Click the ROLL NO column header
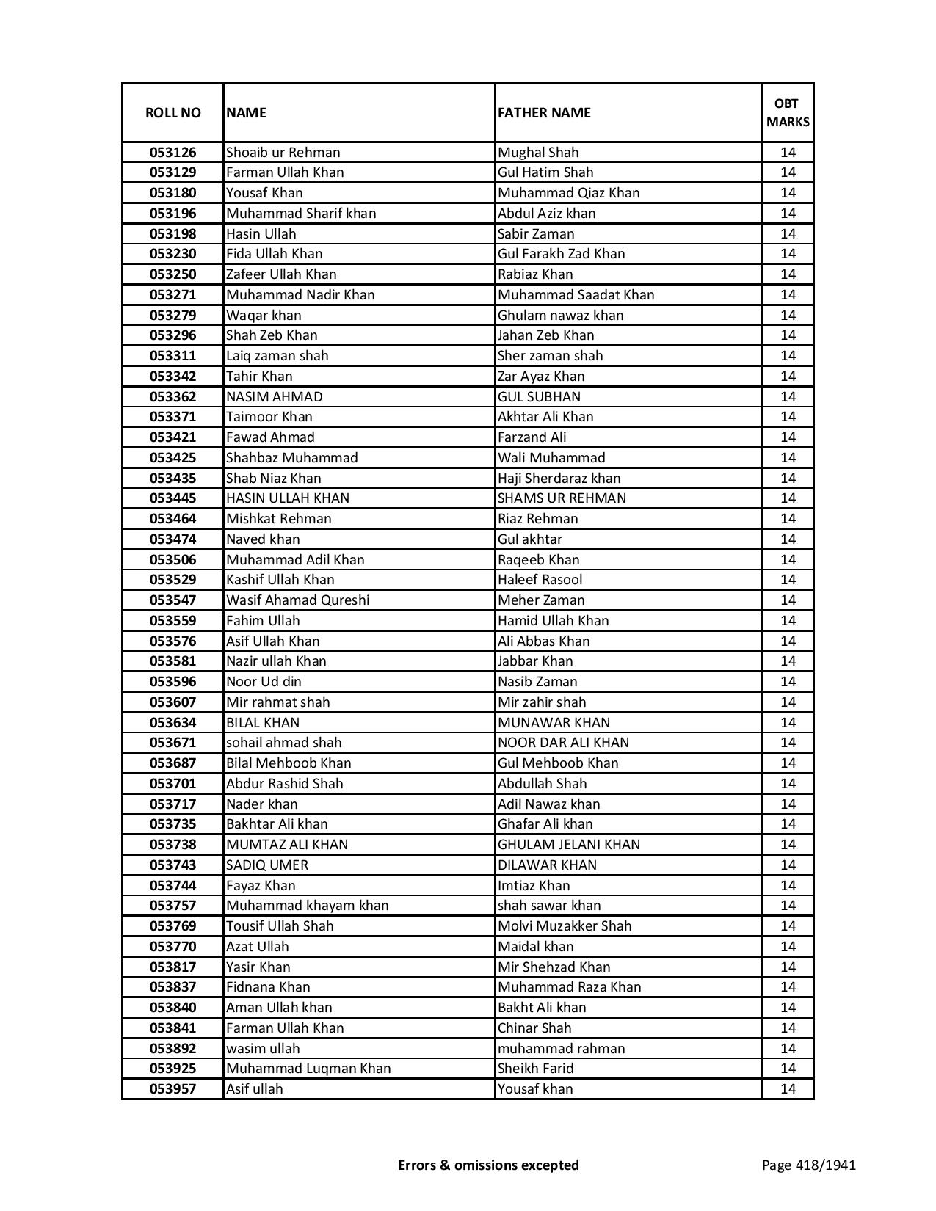click(x=173, y=112)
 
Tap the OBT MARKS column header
click(x=788, y=112)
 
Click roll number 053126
click(x=173, y=153)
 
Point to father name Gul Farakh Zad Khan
click(x=561, y=254)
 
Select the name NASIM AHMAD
click(x=274, y=397)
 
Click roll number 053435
click(x=173, y=479)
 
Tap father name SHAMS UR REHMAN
click(x=562, y=498)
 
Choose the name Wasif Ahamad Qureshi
click(x=297, y=600)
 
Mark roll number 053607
click(x=173, y=702)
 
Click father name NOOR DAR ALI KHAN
click(x=563, y=743)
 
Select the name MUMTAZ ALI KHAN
click(x=286, y=845)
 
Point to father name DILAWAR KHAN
click(x=547, y=865)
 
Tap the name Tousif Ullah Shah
click(x=279, y=926)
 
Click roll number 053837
click(x=173, y=987)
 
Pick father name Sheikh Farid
click(x=535, y=1069)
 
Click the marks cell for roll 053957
click(x=788, y=1089)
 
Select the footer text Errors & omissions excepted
click(x=488, y=1165)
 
